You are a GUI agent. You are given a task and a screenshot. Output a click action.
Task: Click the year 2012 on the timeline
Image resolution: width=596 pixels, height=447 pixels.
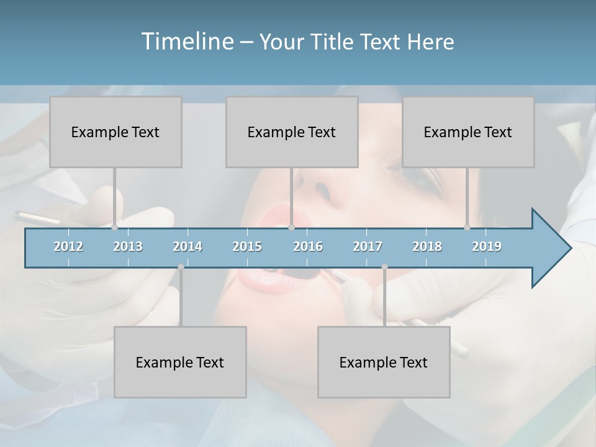coord(68,246)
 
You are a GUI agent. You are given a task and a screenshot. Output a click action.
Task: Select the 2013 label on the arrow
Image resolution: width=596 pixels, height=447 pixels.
coord(128,246)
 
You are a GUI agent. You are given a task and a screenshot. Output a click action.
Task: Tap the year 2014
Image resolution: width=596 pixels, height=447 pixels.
coord(187,246)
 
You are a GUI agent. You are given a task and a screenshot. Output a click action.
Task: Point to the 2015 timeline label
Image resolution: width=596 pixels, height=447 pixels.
coord(247,246)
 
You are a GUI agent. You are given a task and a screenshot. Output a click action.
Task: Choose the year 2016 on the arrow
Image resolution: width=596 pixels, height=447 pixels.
coord(308,246)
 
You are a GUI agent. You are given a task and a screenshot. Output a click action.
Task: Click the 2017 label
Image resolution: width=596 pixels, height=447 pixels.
coord(368,246)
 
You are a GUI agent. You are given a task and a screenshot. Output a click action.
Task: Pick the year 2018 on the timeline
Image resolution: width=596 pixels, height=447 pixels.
coord(427,246)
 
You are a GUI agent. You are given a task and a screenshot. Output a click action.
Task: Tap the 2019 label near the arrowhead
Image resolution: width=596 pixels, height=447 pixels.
coord(487,246)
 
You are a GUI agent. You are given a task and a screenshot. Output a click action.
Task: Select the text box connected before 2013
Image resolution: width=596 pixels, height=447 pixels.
coord(115,132)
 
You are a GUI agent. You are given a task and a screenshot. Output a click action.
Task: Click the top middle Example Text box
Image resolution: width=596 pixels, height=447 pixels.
coord(292,132)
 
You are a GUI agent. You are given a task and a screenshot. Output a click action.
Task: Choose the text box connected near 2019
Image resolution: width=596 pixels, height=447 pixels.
coord(468,132)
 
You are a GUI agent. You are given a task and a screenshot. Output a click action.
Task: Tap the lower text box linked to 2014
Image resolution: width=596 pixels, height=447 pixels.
coord(180,362)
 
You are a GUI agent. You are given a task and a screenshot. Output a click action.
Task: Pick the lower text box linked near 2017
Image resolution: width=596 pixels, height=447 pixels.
coord(384,362)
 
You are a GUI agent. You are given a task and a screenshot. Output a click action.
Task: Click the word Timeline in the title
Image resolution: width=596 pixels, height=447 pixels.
coord(186,41)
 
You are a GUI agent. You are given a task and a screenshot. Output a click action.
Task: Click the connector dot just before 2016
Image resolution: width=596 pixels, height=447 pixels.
coord(291,228)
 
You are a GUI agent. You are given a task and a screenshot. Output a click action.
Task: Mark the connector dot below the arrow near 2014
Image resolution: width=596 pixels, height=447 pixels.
coord(181,267)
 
